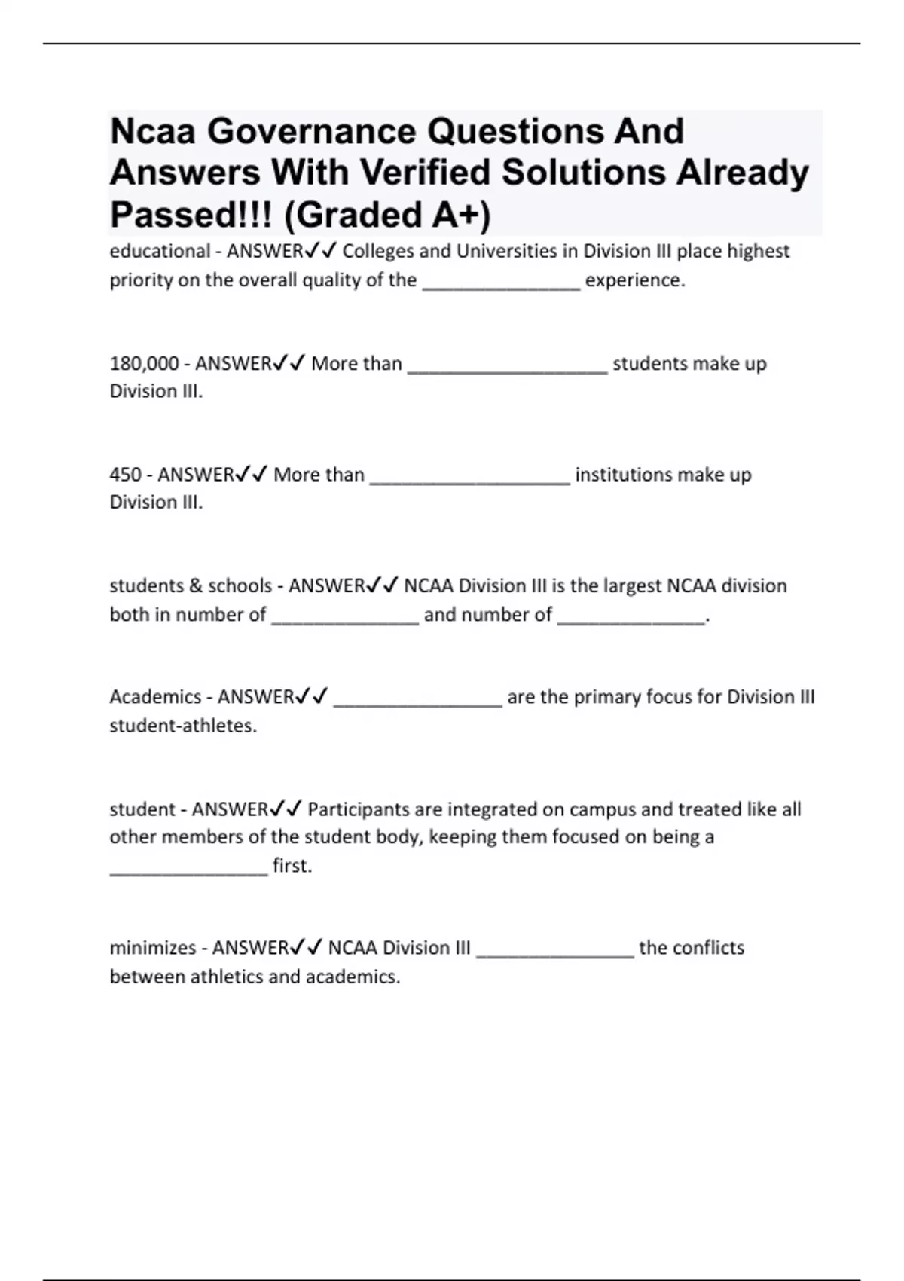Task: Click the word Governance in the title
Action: click(313, 131)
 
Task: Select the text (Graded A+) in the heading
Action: click(387, 215)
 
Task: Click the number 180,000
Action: click(144, 364)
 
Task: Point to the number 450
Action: click(125, 475)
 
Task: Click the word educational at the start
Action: click(160, 251)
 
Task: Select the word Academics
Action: click(155, 697)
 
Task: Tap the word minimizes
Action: click(152, 948)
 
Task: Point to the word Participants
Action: click(359, 809)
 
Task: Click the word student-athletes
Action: click(182, 726)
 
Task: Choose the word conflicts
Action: click(707, 948)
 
